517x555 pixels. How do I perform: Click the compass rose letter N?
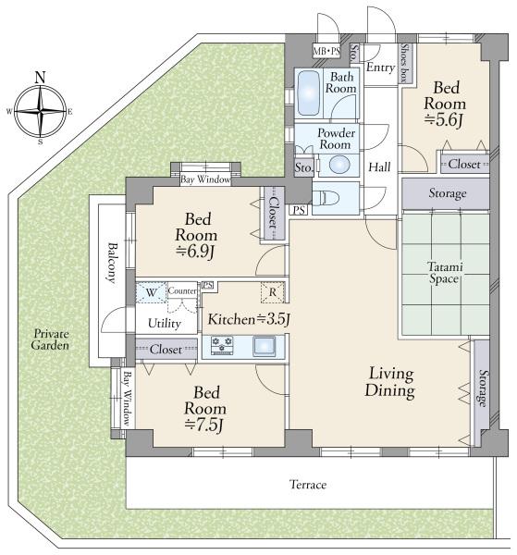click(x=41, y=77)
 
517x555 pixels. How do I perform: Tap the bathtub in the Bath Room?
click(x=309, y=93)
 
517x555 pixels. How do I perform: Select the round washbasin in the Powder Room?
click(x=339, y=165)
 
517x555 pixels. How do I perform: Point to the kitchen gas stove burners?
click(x=222, y=345)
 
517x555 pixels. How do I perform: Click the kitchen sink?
click(x=264, y=346)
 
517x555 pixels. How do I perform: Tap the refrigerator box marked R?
click(x=273, y=292)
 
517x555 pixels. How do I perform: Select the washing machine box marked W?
click(x=152, y=292)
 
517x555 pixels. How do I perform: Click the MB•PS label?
click(x=326, y=51)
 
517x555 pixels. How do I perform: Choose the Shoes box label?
click(x=404, y=63)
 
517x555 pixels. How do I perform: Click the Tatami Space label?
click(x=445, y=273)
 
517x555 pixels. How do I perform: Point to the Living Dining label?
click(x=390, y=383)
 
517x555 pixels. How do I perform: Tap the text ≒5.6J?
click(x=443, y=120)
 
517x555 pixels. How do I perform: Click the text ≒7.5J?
click(x=204, y=425)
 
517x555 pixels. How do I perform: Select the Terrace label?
click(x=308, y=484)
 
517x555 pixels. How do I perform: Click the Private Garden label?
click(x=50, y=339)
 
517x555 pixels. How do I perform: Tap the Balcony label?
click(x=112, y=263)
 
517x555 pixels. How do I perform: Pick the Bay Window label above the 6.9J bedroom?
click(x=205, y=179)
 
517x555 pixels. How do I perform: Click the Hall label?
click(x=379, y=166)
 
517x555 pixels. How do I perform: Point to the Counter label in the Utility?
click(x=182, y=290)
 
